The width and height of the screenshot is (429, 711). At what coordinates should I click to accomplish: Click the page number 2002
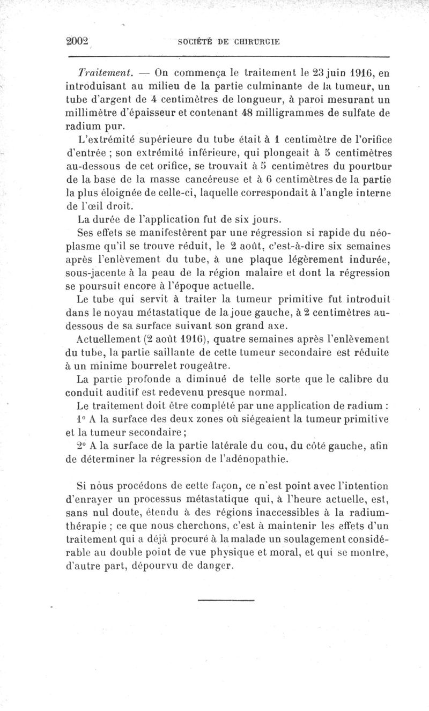coord(76,41)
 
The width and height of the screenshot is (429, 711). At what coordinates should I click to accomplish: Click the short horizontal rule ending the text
coord(226,600)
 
